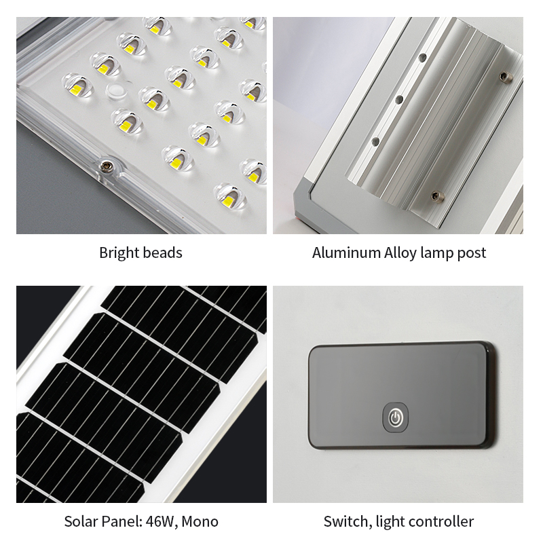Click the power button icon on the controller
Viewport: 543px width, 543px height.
pos(395,417)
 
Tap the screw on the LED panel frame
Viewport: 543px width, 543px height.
pos(105,166)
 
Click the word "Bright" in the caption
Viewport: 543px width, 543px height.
pos(118,253)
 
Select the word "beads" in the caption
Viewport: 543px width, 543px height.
pos(162,252)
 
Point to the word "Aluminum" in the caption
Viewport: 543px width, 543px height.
pos(346,252)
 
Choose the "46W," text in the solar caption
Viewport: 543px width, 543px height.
pos(162,522)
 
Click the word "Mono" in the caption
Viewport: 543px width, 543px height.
pos(200,521)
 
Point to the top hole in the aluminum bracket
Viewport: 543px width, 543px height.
pos(422,58)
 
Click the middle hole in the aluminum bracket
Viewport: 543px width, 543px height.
pos(400,100)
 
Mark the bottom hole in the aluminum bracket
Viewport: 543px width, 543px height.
pos(375,142)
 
